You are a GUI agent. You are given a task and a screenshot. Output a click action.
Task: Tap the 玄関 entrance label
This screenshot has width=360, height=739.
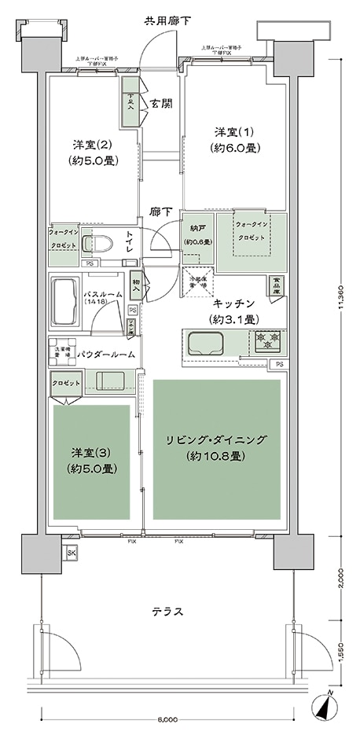[162, 102]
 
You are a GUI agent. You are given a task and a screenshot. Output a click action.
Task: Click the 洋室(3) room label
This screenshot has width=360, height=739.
[93, 460]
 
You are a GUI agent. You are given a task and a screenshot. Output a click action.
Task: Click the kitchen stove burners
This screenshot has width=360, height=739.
[267, 341]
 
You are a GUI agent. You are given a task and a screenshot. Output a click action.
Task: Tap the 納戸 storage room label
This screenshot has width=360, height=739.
[198, 235]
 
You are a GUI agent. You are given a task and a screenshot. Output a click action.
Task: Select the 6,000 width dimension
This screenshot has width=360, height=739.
[167, 718]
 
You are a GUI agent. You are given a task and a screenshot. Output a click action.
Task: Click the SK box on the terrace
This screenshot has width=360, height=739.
[72, 553]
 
